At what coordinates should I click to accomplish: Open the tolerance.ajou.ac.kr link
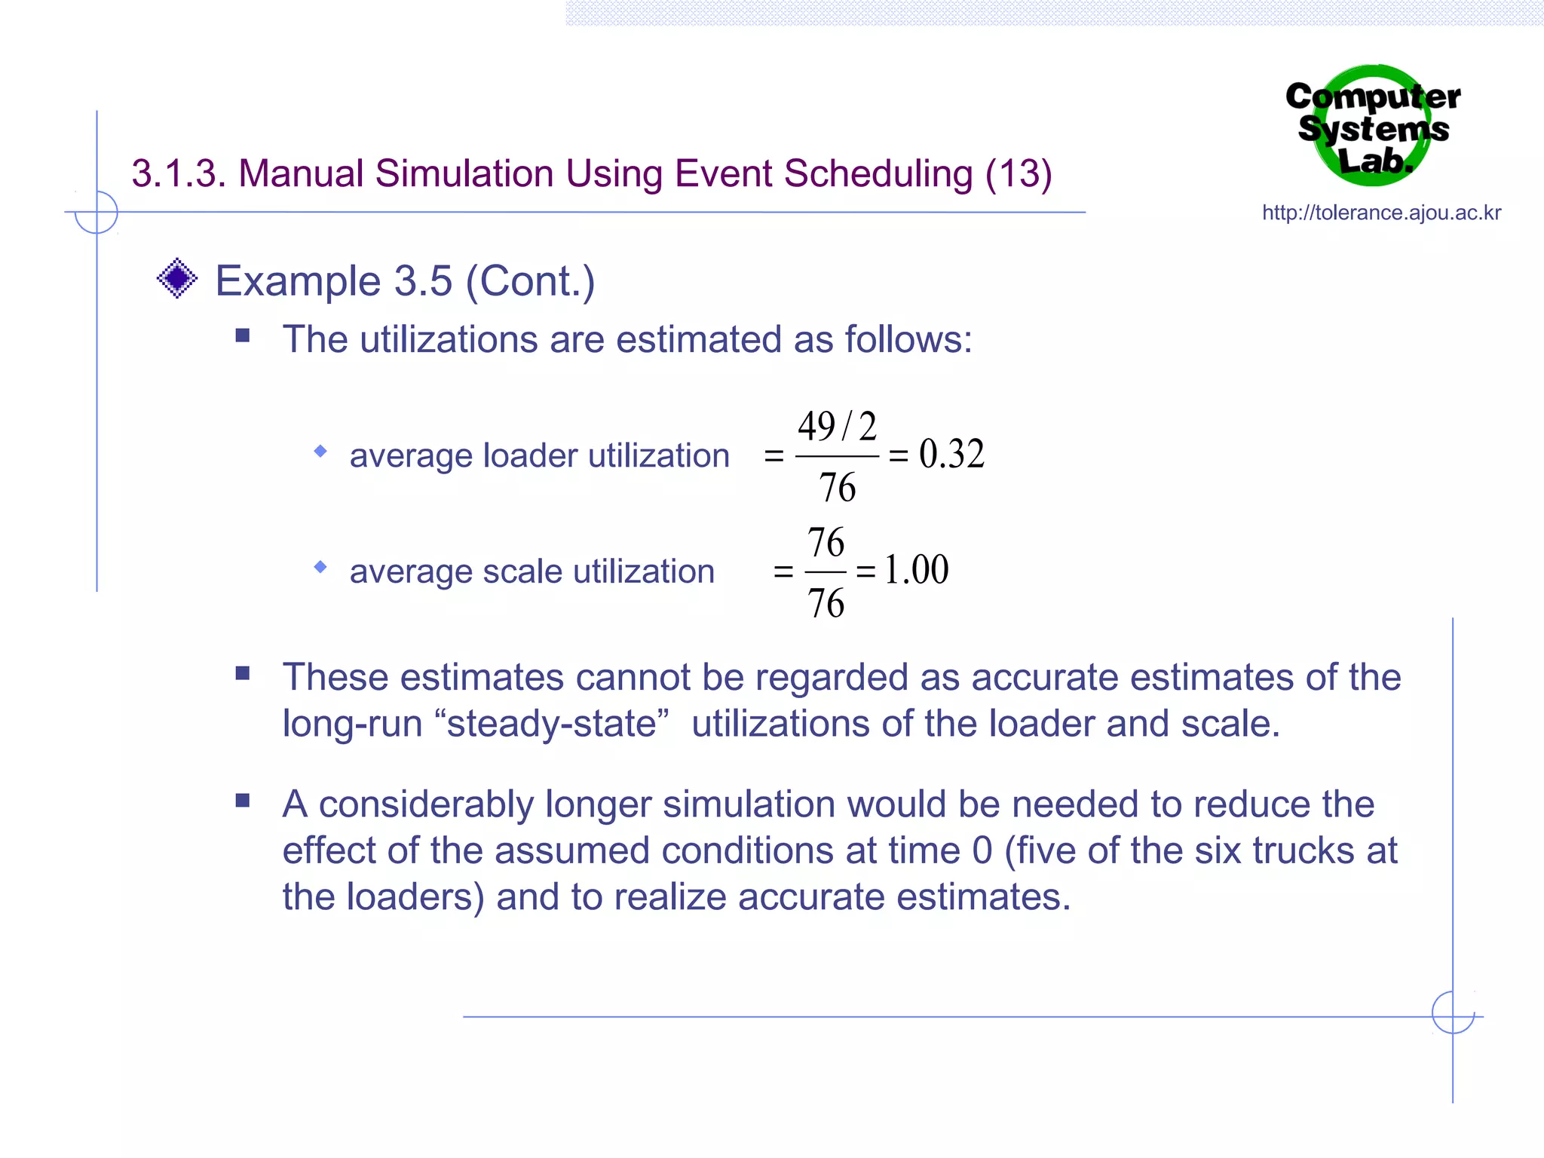tap(1381, 213)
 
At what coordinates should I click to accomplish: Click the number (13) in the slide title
tap(1018, 174)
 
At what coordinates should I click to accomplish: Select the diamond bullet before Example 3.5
tap(177, 279)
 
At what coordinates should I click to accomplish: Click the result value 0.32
tap(951, 455)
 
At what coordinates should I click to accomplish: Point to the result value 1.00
tap(916, 570)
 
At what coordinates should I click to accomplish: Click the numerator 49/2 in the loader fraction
tap(837, 427)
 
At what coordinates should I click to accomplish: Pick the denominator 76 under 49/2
tap(837, 488)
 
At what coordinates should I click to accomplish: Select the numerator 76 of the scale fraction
tap(826, 543)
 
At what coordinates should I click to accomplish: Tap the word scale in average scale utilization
tap(522, 571)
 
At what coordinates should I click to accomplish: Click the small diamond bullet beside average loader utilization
tap(320, 452)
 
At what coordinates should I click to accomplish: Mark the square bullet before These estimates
tap(242, 673)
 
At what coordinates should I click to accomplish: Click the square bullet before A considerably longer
tap(242, 801)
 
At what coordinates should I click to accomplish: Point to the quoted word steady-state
tap(552, 724)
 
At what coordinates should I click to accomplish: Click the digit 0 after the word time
tap(982, 851)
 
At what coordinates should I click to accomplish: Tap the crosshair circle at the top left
tap(96, 212)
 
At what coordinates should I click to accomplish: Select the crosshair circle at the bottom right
tap(1453, 1012)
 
